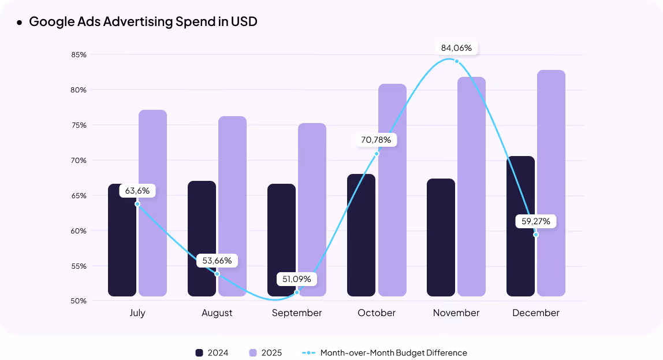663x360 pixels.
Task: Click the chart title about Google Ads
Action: pos(143,22)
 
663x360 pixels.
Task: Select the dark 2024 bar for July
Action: pos(122,248)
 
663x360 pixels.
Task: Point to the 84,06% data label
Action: pos(456,48)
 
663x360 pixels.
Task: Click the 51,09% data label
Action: pos(297,279)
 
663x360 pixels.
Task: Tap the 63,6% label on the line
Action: pos(137,191)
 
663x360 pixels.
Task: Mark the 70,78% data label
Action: pos(377,140)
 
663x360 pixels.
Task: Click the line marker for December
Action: pos(536,235)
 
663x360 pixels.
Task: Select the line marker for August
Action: pos(217,274)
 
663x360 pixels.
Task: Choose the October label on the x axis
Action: pos(377,313)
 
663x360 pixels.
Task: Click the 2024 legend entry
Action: pos(211,352)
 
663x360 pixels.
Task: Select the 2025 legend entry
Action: pos(265,352)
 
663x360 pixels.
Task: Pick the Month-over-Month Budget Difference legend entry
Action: pos(384,352)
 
